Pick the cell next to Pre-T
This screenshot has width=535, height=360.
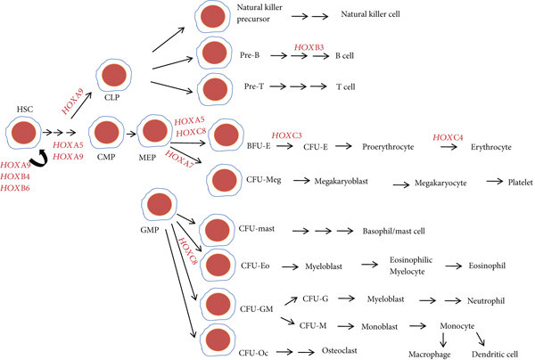pos(216,88)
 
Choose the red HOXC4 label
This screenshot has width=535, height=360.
pos(448,135)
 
